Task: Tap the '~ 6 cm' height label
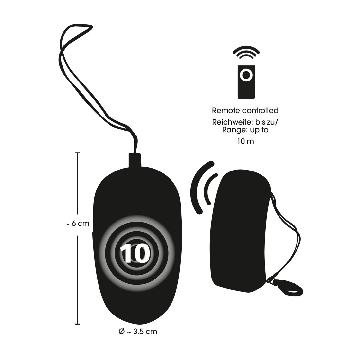pyautogui.click(x=77, y=224)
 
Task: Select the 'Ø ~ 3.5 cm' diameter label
pyautogui.click(x=138, y=332)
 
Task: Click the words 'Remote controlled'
pyautogui.click(x=245, y=110)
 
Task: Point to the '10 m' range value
pyautogui.click(x=245, y=141)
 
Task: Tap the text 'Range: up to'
pyautogui.click(x=245, y=130)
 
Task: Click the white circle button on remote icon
pyautogui.click(x=246, y=75)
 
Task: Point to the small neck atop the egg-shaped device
pyautogui.click(x=135, y=159)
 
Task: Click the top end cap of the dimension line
pyautogui.click(x=77, y=153)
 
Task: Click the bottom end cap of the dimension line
pyautogui.click(x=77, y=324)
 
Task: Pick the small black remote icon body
pyautogui.click(x=246, y=82)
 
